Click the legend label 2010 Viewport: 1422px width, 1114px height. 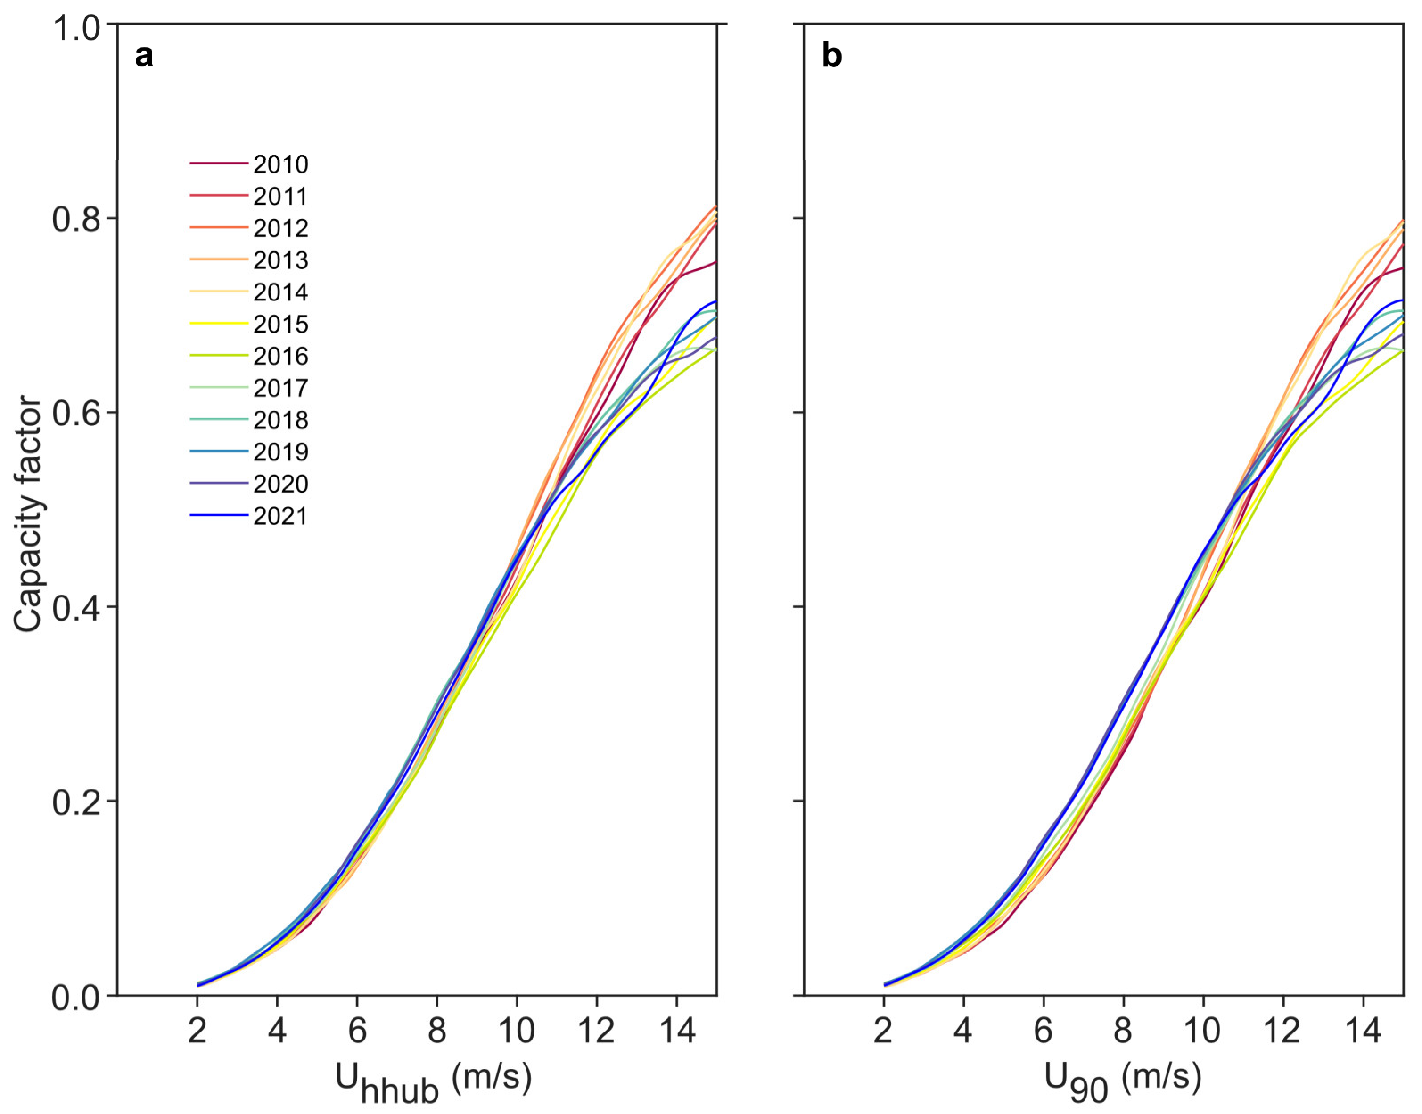pos(280,164)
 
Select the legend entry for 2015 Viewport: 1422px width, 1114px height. pos(280,324)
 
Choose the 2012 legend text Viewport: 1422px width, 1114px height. pos(280,228)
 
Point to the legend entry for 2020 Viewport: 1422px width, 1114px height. pos(280,484)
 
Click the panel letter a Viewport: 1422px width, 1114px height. pos(144,57)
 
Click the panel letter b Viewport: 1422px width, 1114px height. pos(832,57)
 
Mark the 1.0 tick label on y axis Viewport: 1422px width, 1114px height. pos(76,28)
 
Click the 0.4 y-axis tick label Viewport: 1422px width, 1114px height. pos(76,607)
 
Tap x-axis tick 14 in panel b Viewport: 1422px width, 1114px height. pos(1363,1031)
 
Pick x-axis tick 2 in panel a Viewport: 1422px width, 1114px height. pos(197,1031)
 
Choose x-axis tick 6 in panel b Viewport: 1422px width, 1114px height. pos(1043,1031)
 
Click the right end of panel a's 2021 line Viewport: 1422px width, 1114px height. pos(715,302)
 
